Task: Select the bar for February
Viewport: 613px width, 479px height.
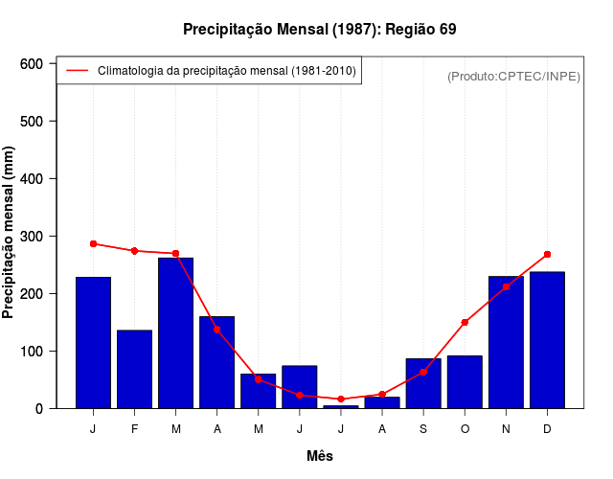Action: pos(134,369)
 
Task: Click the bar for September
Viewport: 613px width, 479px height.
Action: pos(423,383)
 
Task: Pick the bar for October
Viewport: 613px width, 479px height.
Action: pos(465,381)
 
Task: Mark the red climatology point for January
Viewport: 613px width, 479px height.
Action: pos(93,243)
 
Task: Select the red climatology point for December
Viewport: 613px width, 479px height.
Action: pos(547,254)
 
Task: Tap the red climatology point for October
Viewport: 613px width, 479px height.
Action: pos(465,322)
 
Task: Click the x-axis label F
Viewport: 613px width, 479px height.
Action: pos(134,429)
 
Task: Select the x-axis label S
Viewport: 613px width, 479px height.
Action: pos(423,429)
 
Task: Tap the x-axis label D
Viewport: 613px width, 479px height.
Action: pos(547,429)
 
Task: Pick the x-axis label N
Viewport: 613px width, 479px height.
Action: pos(506,429)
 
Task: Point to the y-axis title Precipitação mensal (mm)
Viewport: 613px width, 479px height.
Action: pos(10,233)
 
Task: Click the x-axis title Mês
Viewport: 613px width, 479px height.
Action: pos(320,456)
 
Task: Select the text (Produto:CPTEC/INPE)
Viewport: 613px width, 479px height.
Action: pos(513,76)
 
